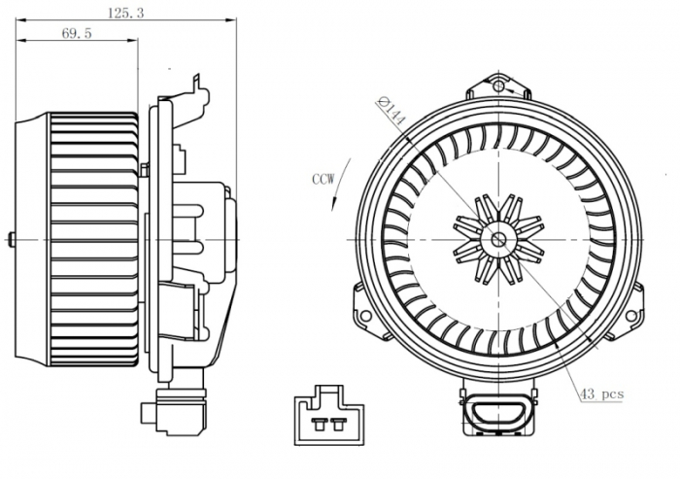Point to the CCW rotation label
[x=324, y=179]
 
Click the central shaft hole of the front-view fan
[x=498, y=239]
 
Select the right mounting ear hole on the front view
[x=633, y=316]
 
